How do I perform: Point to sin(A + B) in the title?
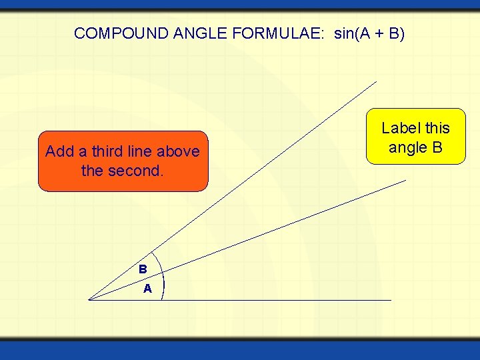(x=369, y=33)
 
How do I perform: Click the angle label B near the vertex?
(x=143, y=270)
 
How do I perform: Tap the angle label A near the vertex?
(x=147, y=289)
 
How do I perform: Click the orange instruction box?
(x=123, y=161)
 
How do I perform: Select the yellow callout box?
(x=415, y=137)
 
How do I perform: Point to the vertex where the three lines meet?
(x=89, y=300)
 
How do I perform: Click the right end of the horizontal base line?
(x=391, y=300)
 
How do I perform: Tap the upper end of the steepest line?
(x=376, y=82)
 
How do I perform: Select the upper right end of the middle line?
(x=405, y=180)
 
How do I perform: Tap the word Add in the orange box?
(x=58, y=152)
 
